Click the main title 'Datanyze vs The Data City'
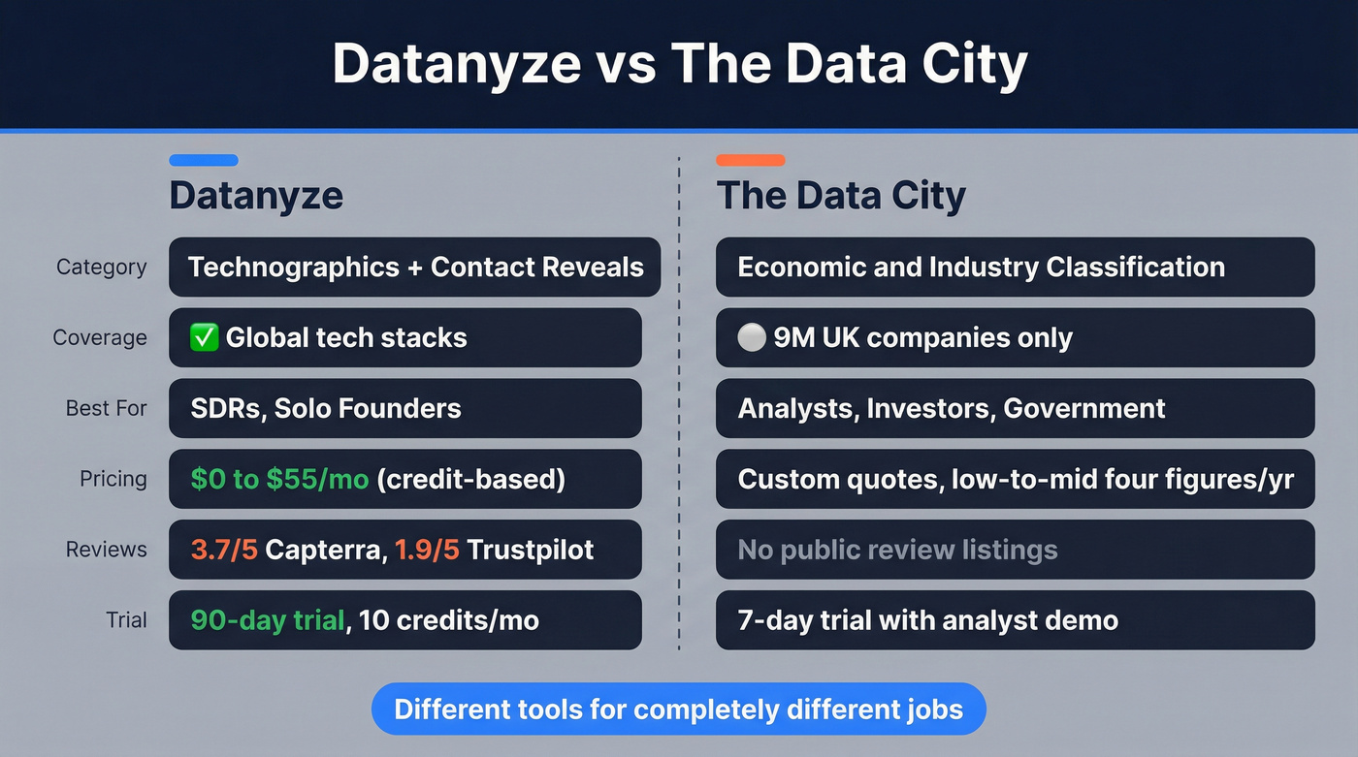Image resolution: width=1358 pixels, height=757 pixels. pos(679,66)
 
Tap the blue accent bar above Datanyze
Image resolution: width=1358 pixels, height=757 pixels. pos(203,160)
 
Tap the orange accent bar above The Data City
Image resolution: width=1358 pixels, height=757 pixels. pos(750,160)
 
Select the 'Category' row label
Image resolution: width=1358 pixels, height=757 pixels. pos(102,268)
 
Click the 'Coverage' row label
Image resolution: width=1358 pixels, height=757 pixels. pos(100,338)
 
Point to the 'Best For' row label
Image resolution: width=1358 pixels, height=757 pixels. pos(106,408)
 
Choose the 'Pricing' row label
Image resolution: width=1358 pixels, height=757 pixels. pos(113,479)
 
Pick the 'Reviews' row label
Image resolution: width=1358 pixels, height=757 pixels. pos(107,550)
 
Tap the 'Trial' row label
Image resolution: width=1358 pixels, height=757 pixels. pos(126,620)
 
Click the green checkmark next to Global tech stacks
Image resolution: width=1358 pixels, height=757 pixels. pos(204,338)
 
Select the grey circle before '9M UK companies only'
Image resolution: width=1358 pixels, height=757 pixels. pos(751,338)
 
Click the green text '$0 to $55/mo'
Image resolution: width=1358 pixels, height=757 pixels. pos(279,479)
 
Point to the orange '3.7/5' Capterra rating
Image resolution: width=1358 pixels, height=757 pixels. pos(223,550)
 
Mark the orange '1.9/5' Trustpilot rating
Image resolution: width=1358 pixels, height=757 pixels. pos(427,550)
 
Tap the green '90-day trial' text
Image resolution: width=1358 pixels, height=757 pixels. pos(268,620)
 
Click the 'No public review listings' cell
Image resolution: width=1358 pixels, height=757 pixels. pos(1015,550)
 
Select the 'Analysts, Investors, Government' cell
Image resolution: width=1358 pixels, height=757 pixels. pos(1015,408)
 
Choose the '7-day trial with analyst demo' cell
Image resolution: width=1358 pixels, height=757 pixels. pos(1015,620)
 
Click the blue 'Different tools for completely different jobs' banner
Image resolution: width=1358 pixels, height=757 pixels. pos(679,709)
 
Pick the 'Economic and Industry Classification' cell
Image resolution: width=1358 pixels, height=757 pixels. pos(1015,268)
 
